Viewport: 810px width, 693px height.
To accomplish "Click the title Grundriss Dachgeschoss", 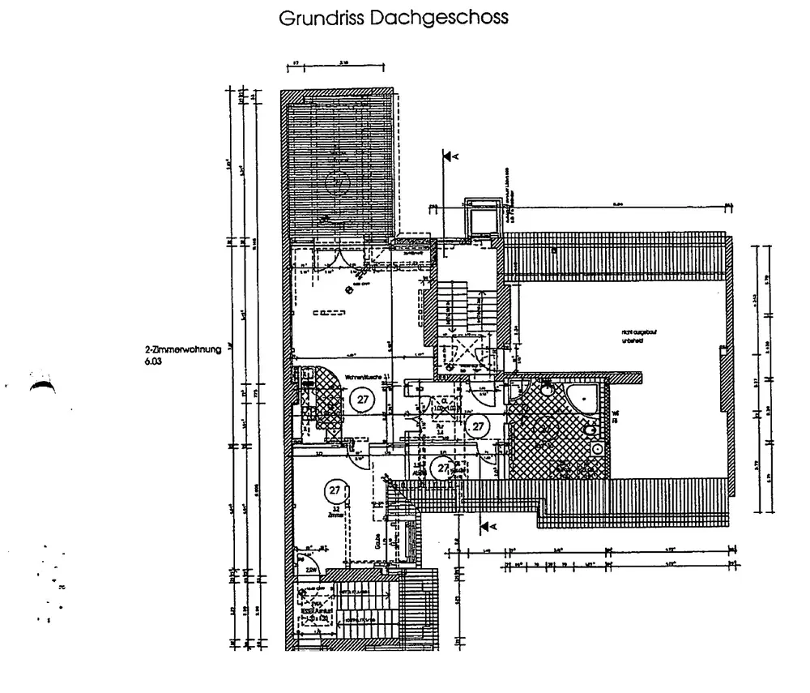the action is tap(394, 18).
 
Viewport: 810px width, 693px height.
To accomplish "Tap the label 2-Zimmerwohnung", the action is tap(179, 351).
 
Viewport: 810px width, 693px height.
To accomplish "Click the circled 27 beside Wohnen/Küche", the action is tap(361, 398).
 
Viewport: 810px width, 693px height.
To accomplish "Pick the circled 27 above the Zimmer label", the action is tap(334, 490).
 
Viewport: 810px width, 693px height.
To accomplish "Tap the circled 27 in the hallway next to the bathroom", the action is tap(477, 425).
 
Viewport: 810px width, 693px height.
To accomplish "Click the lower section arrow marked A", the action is tap(488, 528).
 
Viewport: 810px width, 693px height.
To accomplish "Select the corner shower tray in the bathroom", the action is tap(581, 398).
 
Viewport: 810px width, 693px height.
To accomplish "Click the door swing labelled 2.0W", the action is tap(309, 564).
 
